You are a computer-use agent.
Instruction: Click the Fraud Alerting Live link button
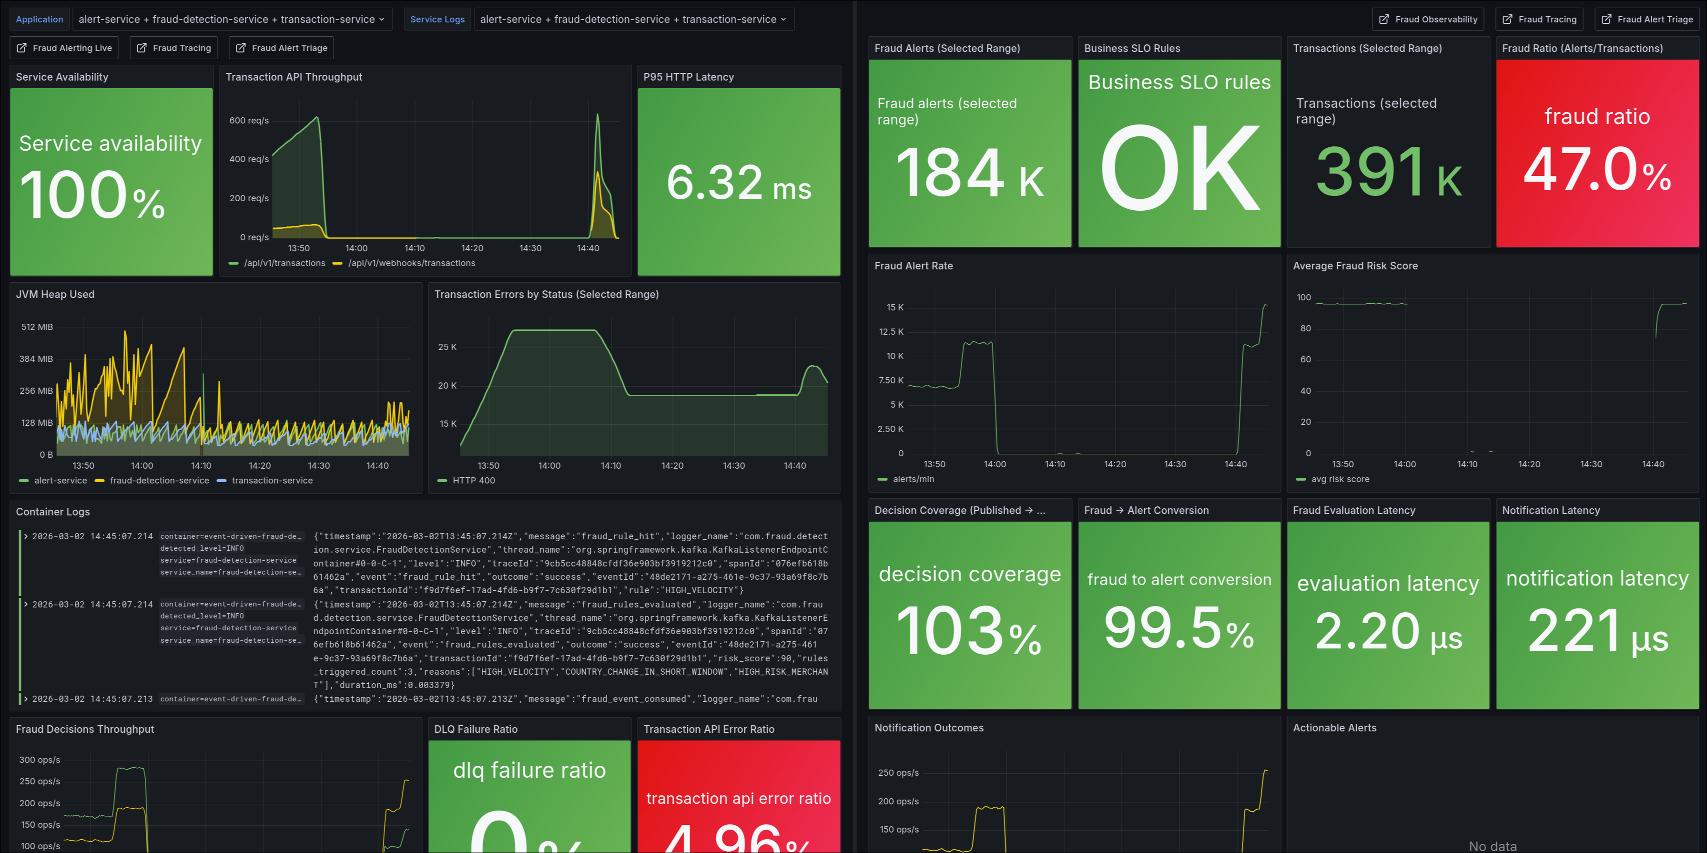[65, 48]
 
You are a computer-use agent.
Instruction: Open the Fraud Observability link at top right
[1428, 19]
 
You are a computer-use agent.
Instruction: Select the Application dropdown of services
[231, 19]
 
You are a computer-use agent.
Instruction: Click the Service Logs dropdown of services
[633, 19]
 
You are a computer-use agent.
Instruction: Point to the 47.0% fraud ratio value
[1597, 170]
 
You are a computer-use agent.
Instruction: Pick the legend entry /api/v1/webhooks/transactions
[411, 263]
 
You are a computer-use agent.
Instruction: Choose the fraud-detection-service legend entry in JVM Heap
[159, 481]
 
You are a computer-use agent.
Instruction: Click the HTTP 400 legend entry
[473, 481]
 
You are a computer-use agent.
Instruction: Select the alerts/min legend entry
[913, 479]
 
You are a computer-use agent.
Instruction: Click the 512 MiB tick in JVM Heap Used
[37, 327]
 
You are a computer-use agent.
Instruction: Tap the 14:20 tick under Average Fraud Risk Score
[1529, 464]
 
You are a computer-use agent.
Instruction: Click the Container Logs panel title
[53, 512]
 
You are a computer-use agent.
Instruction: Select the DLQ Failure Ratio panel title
[475, 729]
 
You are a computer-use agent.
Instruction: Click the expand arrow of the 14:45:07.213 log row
[26, 699]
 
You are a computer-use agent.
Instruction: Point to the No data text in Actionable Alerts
[1492, 846]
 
